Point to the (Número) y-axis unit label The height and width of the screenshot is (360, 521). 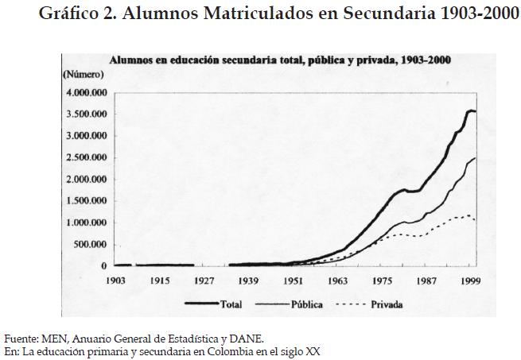coord(83,74)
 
